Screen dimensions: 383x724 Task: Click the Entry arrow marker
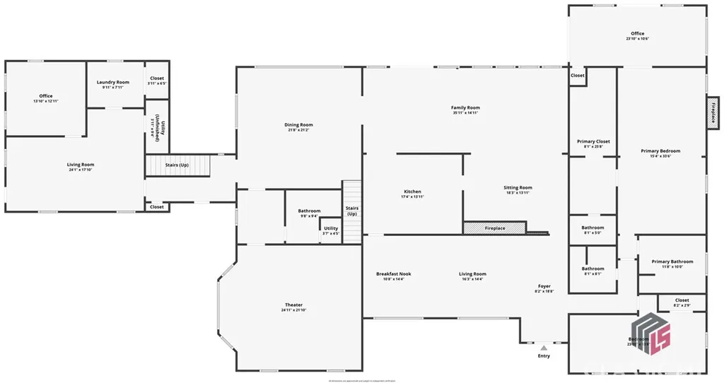(x=544, y=348)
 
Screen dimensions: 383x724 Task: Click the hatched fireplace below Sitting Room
(x=495, y=228)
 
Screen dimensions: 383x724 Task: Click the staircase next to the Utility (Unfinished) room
(x=178, y=165)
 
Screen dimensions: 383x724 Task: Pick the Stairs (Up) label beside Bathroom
(x=352, y=211)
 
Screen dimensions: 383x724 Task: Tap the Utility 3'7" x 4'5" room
(x=331, y=230)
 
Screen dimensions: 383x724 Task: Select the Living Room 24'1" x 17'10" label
(x=81, y=166)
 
